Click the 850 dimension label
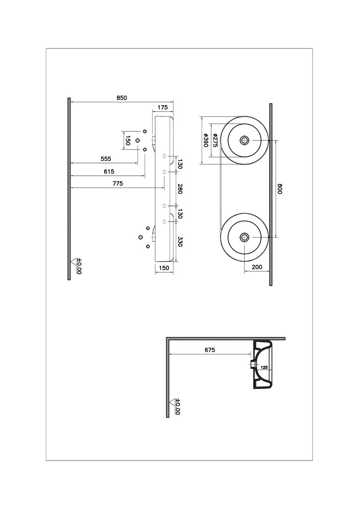click(x=122, y=98)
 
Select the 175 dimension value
click(x=162, y=107)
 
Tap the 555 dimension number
click(x=106, y=159)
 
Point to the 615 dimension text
click(x=109, y=172)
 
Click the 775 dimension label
click(x=117, y=183)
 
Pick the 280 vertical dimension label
click(x=180, y=188)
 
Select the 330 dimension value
click(x=180, y=241)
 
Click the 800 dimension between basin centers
click(x=280, y=189)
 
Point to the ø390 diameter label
click(x=205, y=140)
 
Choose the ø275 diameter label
click(x=214, y=140)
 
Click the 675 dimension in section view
click(x=210, y=350)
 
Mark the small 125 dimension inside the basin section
click(x=264, y=368)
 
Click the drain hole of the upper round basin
click(x=245, y=140)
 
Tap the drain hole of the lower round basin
click(x=245, y=237)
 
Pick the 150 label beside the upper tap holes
click(x=128, y=140)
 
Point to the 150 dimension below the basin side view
click(x=164, y=268)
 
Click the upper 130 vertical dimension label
click(x=180, y=164)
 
